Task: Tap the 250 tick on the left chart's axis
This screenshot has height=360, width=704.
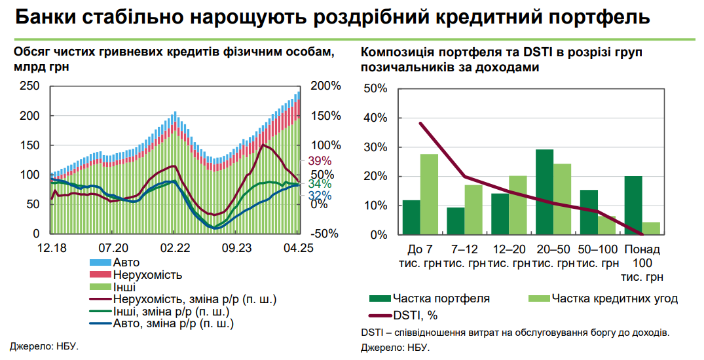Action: [x=30, y=86]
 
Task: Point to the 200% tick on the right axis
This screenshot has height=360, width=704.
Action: [x=325, y=86]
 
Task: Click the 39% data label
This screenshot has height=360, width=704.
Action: [x=320, y=161]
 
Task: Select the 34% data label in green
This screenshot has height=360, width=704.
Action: [x=320, y=184]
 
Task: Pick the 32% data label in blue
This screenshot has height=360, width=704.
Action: [x=320, y=196]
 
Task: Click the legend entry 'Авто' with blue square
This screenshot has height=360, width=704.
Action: [x=126, y=262]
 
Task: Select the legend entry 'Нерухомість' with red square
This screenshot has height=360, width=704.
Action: [x=147, y=274]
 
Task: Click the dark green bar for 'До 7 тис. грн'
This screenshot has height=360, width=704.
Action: [x=411, y=217]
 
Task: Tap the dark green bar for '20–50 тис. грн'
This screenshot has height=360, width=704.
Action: [x=544, y=192]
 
